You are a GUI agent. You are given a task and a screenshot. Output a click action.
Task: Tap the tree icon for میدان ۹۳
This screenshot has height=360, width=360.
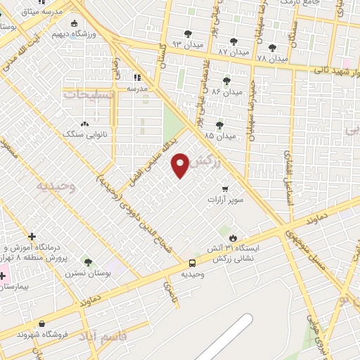pyautogui.click(x=188, y=34)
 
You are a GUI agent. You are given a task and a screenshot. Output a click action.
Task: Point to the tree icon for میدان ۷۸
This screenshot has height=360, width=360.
pyautogui.click(x=271, y=47)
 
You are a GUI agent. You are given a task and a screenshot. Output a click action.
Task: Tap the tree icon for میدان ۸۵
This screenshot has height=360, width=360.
pyautogui.click(x=219, y=124)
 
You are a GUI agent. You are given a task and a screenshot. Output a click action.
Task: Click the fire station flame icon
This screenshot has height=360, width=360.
pyautogui.click(x=233, y=238)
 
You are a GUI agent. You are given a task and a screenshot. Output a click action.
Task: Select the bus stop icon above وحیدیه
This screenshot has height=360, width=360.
pyautogui.click(x=192, y=262)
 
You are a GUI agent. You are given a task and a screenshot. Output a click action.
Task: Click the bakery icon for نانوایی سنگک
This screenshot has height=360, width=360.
pyautogui.click(x=84, y=124)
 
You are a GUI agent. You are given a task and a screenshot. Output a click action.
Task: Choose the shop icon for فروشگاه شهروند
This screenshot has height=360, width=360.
pyautogui.click(x=43, y=323)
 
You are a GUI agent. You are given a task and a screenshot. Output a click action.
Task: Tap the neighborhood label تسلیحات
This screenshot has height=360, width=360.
pyautogui.click(x=89, y=93)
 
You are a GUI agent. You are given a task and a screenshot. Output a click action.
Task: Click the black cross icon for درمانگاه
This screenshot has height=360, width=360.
pyautogui.click(x=32, y=236)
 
